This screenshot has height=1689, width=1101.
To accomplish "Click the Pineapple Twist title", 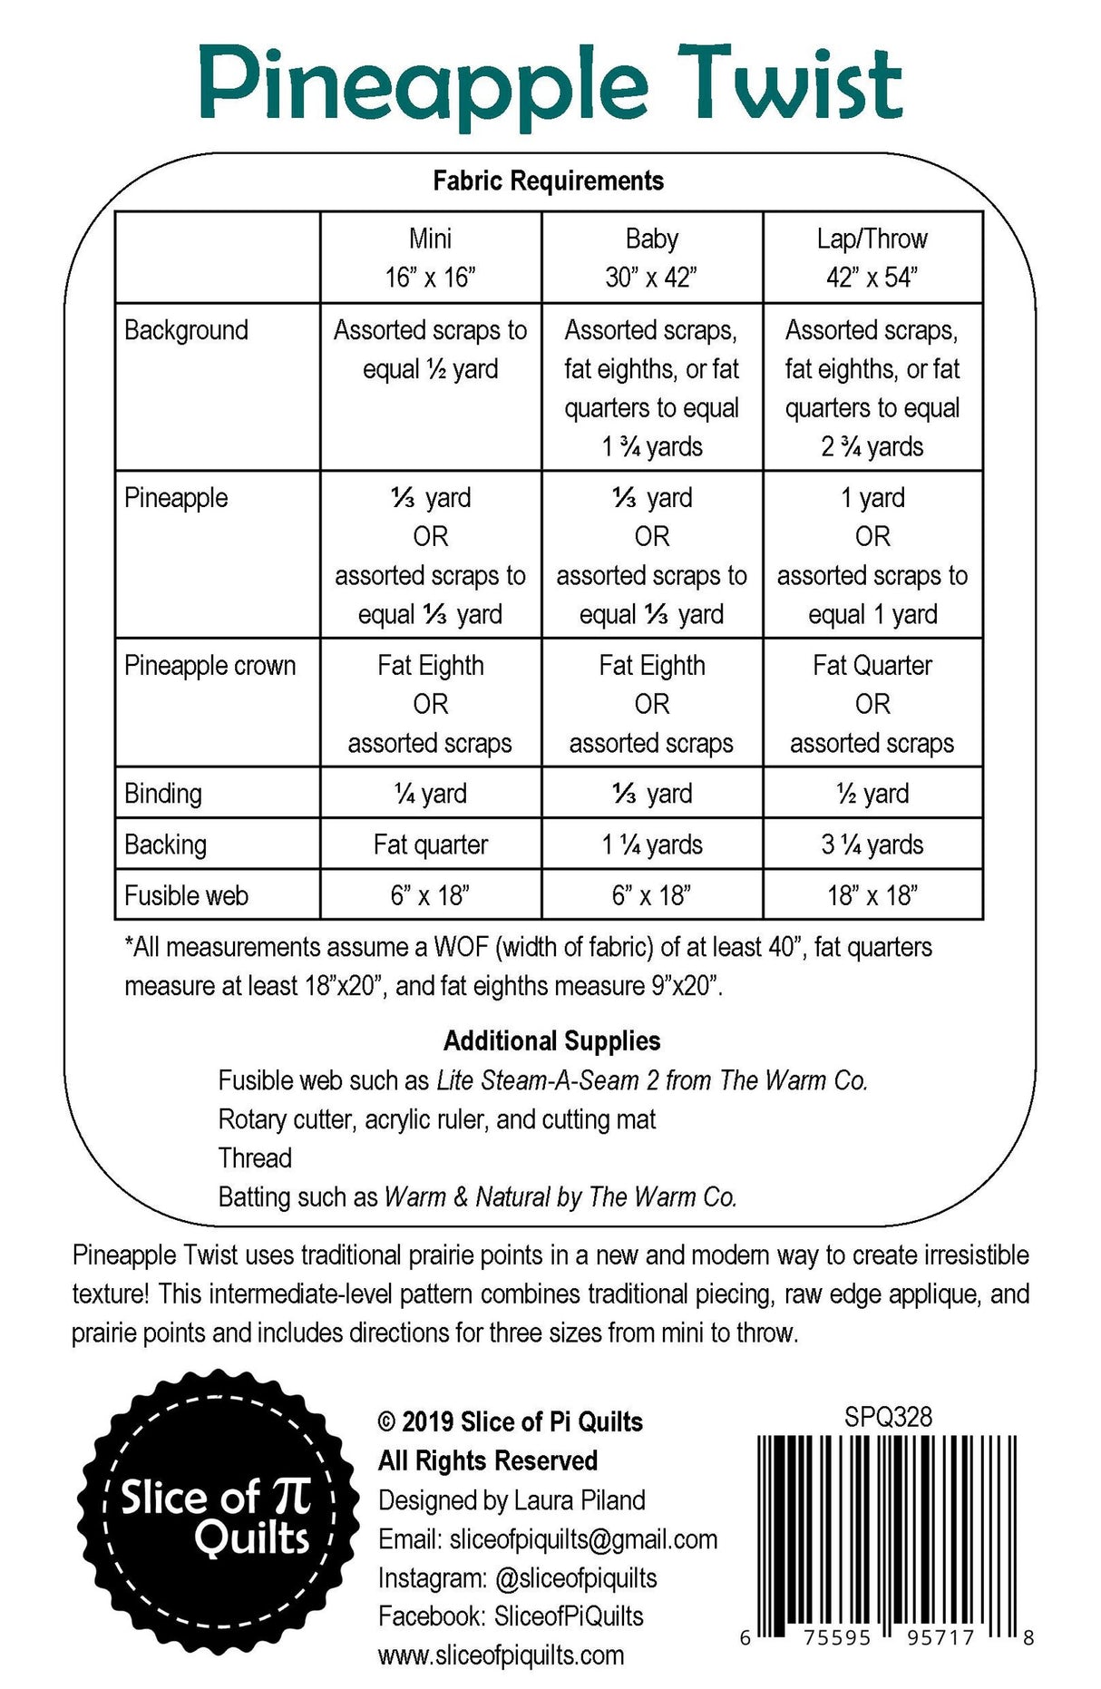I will pyautogui.click(x=550, y=86).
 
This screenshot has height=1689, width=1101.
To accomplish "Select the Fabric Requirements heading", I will pyautogui.click(x=548, y=181).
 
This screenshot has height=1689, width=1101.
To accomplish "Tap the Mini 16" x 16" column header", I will pyautogui.click(x=430, y=258).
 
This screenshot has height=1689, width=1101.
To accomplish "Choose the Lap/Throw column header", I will pyautogui.click(x=872, y=258).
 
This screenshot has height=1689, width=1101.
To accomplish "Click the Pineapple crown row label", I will pyautogui.click(x=209, y=666).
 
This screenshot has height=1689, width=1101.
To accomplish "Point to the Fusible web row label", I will pyautogui.click(x=186, y=895).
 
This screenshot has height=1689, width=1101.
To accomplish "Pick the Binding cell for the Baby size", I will pyautogui.click(x=651, y=794).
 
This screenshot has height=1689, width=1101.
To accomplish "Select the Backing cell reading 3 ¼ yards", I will pyautogui.click(x=872, y=844).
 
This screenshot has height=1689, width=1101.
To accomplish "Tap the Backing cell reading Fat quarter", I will pyautogui.click(x=430, y=844).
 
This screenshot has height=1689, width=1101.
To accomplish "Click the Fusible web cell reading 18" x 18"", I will pyautogui.click(x=872, y=895).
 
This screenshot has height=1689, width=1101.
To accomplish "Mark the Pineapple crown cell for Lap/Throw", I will pyautogui.click(x=872, y=704).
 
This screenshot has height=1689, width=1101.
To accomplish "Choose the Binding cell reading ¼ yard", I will pyautogui.click(x=430, y=794).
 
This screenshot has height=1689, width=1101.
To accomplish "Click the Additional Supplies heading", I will pyautogui.click(x=551, y=1040).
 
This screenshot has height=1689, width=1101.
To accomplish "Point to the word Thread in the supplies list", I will pyautogui.click(x=255, y=1158).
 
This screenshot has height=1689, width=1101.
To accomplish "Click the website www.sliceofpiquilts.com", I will pyautogui.click(x=501, y=1655).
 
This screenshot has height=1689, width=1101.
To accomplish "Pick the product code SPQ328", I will pyautogui.click(x=888, y=1417).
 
